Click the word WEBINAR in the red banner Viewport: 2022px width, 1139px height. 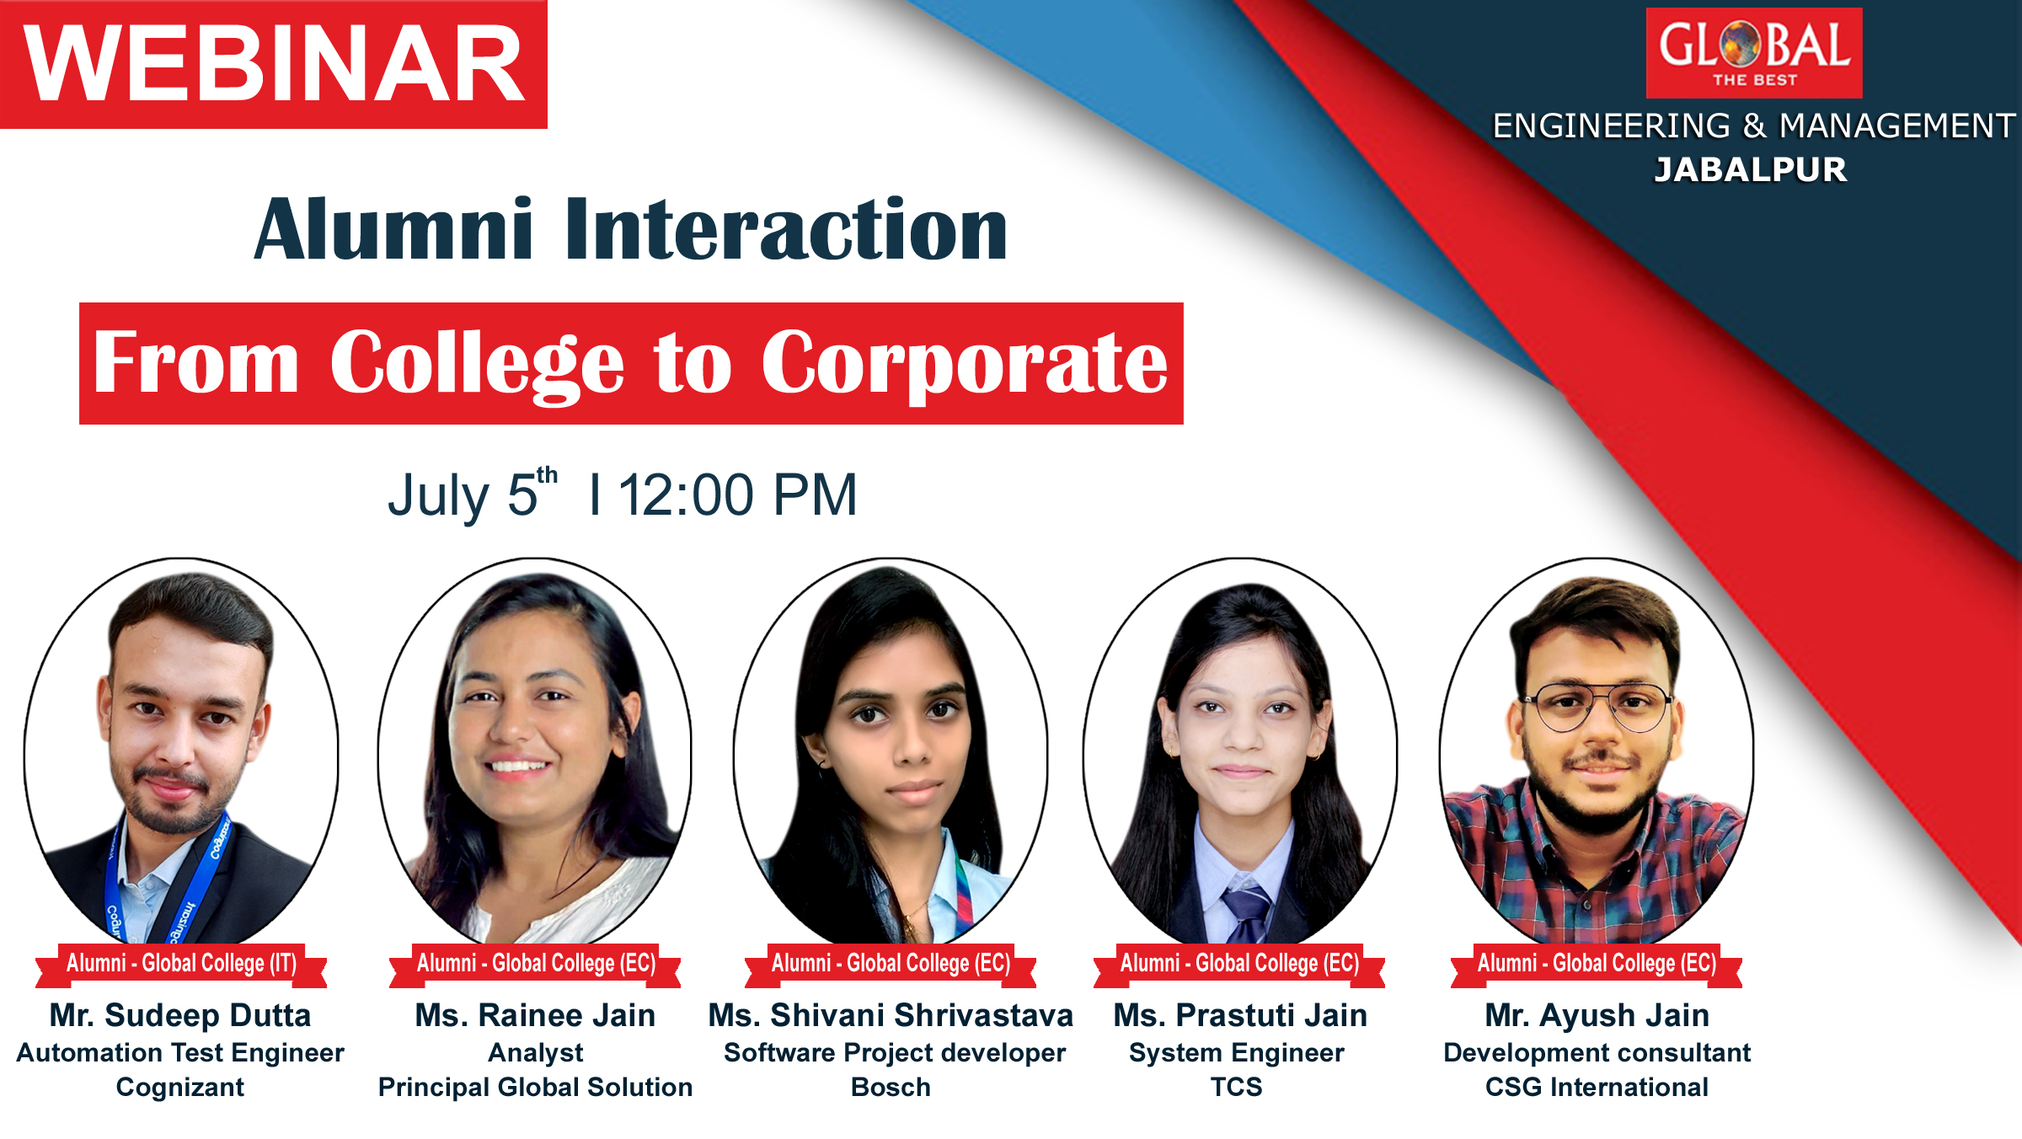click(274, 64)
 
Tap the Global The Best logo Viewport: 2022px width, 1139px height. click(1754, 53)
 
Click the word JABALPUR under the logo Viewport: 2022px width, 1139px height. click(1751, 169)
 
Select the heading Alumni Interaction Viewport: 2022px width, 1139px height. click(631, 228)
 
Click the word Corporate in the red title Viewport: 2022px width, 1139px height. click(965, 364)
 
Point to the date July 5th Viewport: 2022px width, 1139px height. click(472, 494)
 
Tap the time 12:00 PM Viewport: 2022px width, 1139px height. click(738, 495)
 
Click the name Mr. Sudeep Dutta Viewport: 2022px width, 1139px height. click(180, 1015)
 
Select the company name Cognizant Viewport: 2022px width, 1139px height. click(180, 1087)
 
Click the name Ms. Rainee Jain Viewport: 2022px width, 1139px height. click(535, 1015)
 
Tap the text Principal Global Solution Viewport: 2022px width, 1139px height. click(535, 1087)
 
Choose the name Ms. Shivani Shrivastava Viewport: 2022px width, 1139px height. click(891, 1015)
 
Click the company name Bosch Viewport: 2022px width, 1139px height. click(891, 1087)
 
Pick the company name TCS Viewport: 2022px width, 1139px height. click(1237, 1087)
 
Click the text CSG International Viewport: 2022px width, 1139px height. click(1597, 1087)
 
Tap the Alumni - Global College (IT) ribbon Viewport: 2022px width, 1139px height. click(181, 963)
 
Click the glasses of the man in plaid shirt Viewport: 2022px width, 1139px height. click(1597, 706)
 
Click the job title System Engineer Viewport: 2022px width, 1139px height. click(1237, 1052)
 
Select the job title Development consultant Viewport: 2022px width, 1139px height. click(1597, 1052)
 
